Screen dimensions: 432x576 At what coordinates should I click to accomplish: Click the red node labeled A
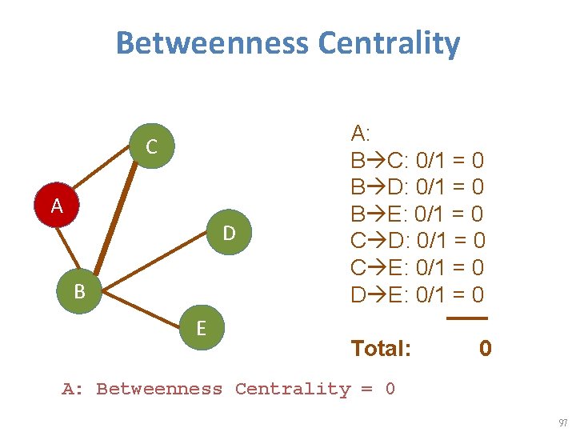coord(56,206)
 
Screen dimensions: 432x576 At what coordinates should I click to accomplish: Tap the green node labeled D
coord(229,233)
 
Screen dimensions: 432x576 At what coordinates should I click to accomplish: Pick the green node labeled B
coord(79,291)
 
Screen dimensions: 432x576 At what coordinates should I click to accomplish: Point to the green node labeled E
coord(201,327)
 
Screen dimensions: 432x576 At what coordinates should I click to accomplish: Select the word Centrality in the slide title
coord(389,43)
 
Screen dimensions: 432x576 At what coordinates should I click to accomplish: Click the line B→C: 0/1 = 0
coord(417,161)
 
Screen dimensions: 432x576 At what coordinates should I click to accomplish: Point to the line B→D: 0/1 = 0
coord(417,187)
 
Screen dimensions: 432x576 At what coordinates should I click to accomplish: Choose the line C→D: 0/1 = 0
coord(417,240)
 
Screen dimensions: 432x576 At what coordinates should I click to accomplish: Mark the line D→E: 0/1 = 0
coord(417,294)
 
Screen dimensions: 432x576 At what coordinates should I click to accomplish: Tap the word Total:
coord(381,348)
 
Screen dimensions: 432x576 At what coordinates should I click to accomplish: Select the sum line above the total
coord(466,318)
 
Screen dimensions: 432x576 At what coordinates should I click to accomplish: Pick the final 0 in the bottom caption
coord(390,390)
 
